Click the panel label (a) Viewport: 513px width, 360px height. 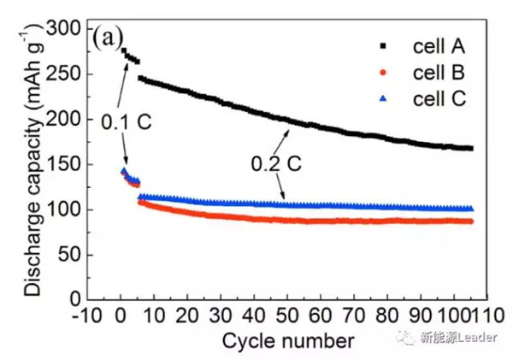pos(109,38)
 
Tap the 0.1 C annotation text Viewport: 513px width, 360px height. pos(126,122)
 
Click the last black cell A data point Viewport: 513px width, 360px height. pos(470,148)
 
